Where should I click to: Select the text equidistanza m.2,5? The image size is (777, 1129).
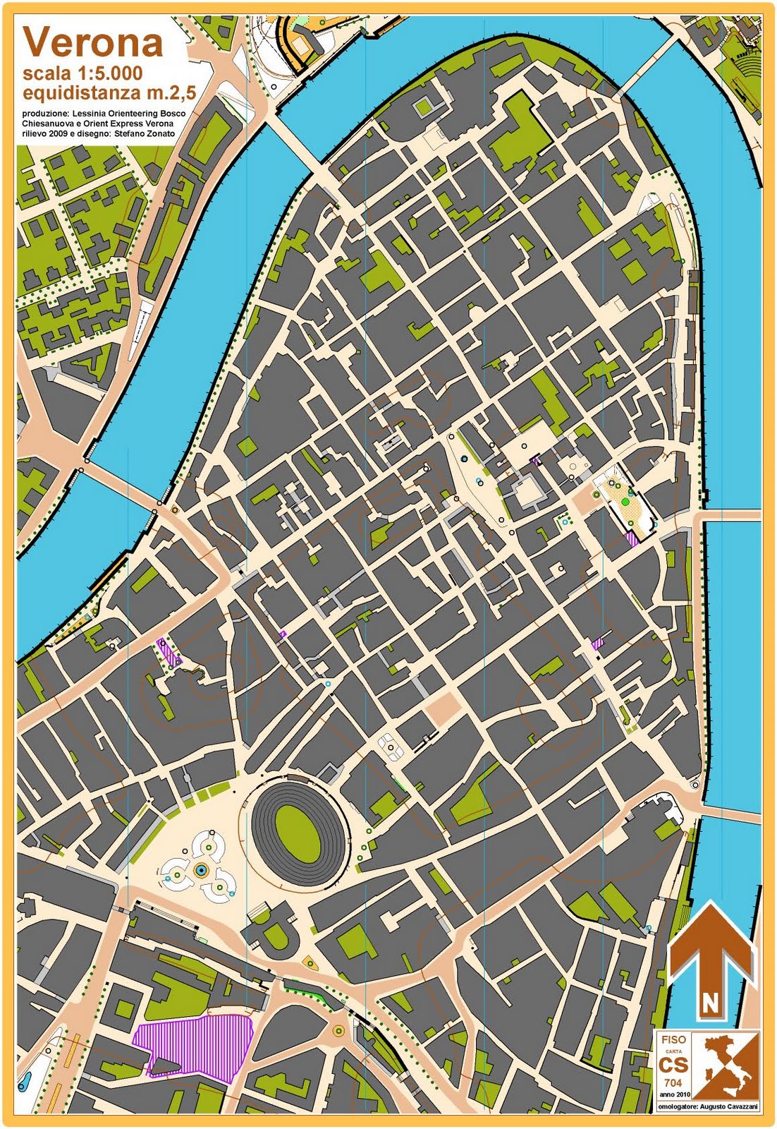click(x=109, y=92)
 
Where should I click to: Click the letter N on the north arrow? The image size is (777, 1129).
click(x=710, y=1001)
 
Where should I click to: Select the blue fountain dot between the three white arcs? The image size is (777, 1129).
click(x=201, y=871)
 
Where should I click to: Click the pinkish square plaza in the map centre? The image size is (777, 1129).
click(x=441, y=707)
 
